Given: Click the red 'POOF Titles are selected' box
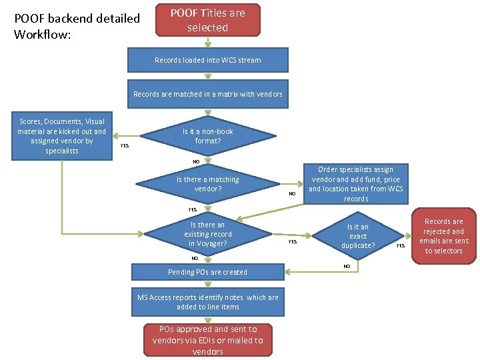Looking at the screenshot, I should coord(207,20).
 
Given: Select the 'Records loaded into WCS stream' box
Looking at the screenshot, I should coord(207,60).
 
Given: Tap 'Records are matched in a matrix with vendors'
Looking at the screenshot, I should coord(207,94).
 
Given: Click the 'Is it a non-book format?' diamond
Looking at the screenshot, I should coord(207,136).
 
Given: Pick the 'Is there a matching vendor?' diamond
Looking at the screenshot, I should coord(207,184).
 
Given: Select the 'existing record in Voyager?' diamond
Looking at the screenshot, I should coord(207,234).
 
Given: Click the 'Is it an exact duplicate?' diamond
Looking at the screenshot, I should coord(358,236).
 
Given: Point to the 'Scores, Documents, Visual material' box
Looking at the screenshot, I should coord(62,136).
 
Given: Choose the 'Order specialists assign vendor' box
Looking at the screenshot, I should coord(355,184).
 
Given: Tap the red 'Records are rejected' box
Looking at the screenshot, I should coord(443,236).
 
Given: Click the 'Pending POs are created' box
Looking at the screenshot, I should coord(207,272).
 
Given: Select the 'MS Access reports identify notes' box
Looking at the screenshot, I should coord(207,302).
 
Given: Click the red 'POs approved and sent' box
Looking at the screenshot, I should coord(207,340).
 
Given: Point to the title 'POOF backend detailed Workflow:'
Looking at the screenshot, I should coord(77,26).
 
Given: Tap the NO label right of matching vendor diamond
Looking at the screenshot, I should coord(291,193).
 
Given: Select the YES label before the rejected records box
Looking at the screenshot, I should coord(401,246).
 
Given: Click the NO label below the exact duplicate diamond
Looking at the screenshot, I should coord(347,266).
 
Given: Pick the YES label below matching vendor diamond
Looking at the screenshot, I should coord(192,209).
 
